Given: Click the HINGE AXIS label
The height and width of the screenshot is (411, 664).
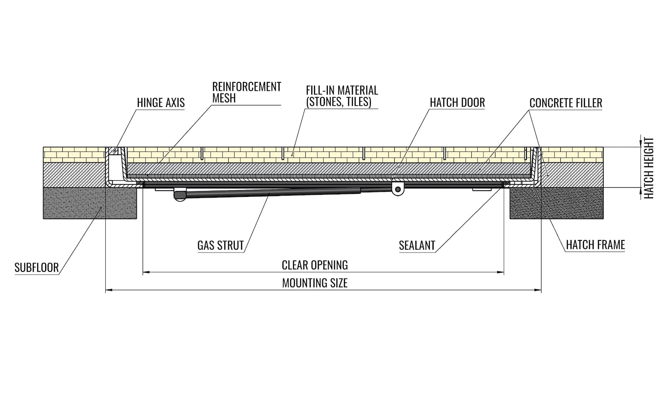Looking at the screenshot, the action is tap(161, 103).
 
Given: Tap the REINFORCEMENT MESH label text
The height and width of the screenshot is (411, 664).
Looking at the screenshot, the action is tap(247, 92).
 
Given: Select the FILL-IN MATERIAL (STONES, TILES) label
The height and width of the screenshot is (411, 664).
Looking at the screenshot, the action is tap(342, 96).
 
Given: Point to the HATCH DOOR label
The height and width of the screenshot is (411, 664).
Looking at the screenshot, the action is tap(457, 102).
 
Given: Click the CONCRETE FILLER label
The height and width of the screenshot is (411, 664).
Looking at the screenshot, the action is tap(566, 103).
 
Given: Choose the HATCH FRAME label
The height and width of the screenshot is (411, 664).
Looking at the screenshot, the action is tap(595, 245).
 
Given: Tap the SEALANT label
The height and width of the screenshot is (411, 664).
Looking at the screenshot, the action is tap(417, 245).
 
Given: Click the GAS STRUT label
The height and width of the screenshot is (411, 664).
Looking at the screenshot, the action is tap(220, 245).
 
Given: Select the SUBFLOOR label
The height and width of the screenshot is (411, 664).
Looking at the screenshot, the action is tap(37, 268).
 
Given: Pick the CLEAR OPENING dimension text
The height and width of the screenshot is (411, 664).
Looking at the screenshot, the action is tap(315, 265).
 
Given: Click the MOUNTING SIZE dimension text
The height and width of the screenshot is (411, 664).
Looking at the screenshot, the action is tap(315, 283).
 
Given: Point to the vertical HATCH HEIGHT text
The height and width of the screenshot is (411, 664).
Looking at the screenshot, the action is tap(649, 168).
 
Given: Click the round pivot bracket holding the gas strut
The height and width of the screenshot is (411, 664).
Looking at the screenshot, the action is tap(398, 189).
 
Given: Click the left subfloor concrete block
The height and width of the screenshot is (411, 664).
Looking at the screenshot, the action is tap(90, 203).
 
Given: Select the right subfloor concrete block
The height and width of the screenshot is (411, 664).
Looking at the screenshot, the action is tap(557, 203).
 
